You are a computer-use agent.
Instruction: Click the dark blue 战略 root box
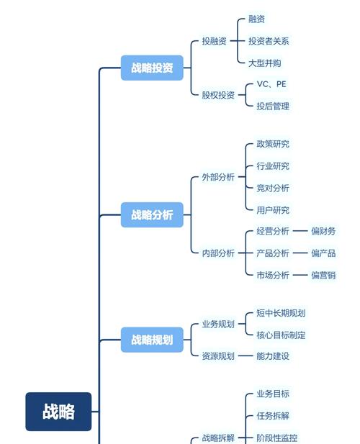pos(58,412)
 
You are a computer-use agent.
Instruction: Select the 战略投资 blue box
pos(152,68)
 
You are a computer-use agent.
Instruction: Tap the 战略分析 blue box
pos(152,214)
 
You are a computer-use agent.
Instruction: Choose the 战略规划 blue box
pos(152,340)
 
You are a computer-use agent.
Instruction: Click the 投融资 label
pos(214,41)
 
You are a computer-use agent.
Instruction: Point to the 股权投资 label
pos(218,95)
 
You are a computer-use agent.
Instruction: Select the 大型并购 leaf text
pos(264,63)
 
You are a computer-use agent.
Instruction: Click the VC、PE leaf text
pos(271,84)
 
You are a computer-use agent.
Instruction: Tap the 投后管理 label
pos(273,107)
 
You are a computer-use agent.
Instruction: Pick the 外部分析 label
pos(218,177)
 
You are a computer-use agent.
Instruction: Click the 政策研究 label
pos(273,144)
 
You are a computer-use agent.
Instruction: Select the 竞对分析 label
pos(273,188)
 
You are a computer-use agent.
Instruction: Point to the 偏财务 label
pos(323,231)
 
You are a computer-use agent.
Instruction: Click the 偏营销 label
pos(323,275)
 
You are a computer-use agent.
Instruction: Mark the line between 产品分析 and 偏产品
pos(300,253)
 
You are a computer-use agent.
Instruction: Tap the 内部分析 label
pos(218,253)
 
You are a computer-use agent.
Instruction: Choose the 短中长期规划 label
pos(281,313)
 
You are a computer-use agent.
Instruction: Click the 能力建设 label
pos(273,355)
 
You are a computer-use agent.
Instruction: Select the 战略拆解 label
pos(218,438)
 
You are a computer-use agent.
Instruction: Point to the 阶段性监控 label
pos(277,438)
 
